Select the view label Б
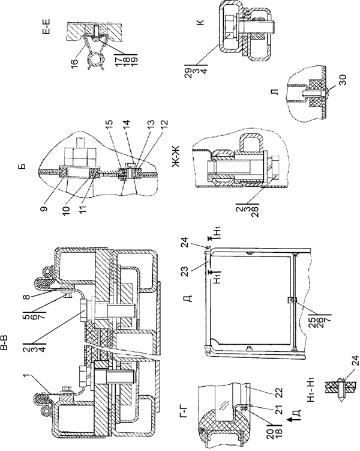coord(23,166)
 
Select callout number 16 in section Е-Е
coord(74,61)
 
